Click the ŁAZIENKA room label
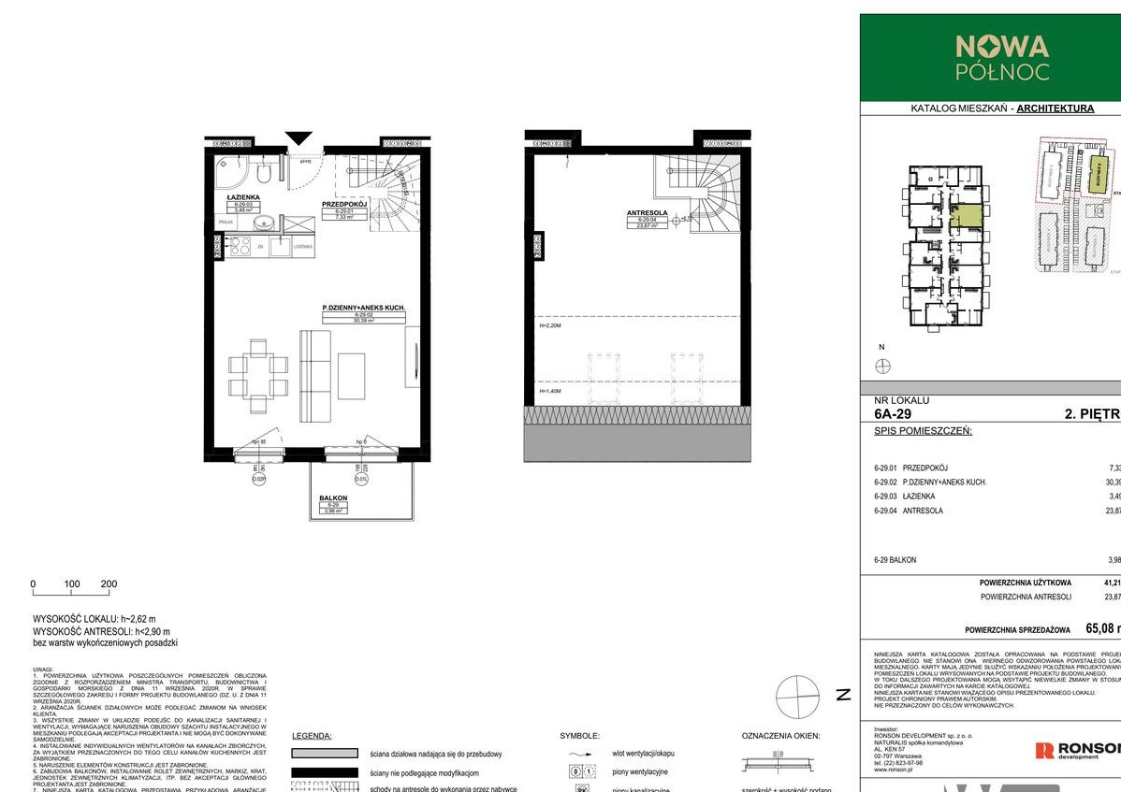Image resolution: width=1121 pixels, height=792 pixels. pos(241,199)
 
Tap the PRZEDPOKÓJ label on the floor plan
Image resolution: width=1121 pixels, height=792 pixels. pos(342,204)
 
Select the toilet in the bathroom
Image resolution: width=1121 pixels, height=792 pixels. pos(265,173)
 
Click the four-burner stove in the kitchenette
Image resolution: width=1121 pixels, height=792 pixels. pos(238,246)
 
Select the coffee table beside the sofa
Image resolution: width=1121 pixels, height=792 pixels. pos(352,375)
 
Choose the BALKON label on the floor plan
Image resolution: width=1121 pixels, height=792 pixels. pos(333,498)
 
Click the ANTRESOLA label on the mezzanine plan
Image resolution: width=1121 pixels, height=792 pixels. pos(647,212)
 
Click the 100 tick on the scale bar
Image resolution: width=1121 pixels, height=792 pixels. pos(71,583)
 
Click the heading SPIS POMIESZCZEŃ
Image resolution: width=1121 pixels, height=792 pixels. pos(923,431)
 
